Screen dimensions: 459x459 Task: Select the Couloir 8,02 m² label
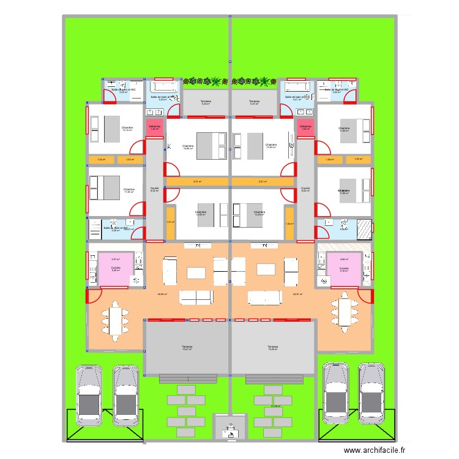point(154,189)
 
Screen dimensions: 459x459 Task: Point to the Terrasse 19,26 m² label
point(272,348)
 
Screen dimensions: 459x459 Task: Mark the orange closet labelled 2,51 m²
point(196,182)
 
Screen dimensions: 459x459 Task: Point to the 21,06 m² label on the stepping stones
point(275,406)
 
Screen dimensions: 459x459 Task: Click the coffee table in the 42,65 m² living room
point(196,271)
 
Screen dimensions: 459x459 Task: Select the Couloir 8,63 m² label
point(305,189)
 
